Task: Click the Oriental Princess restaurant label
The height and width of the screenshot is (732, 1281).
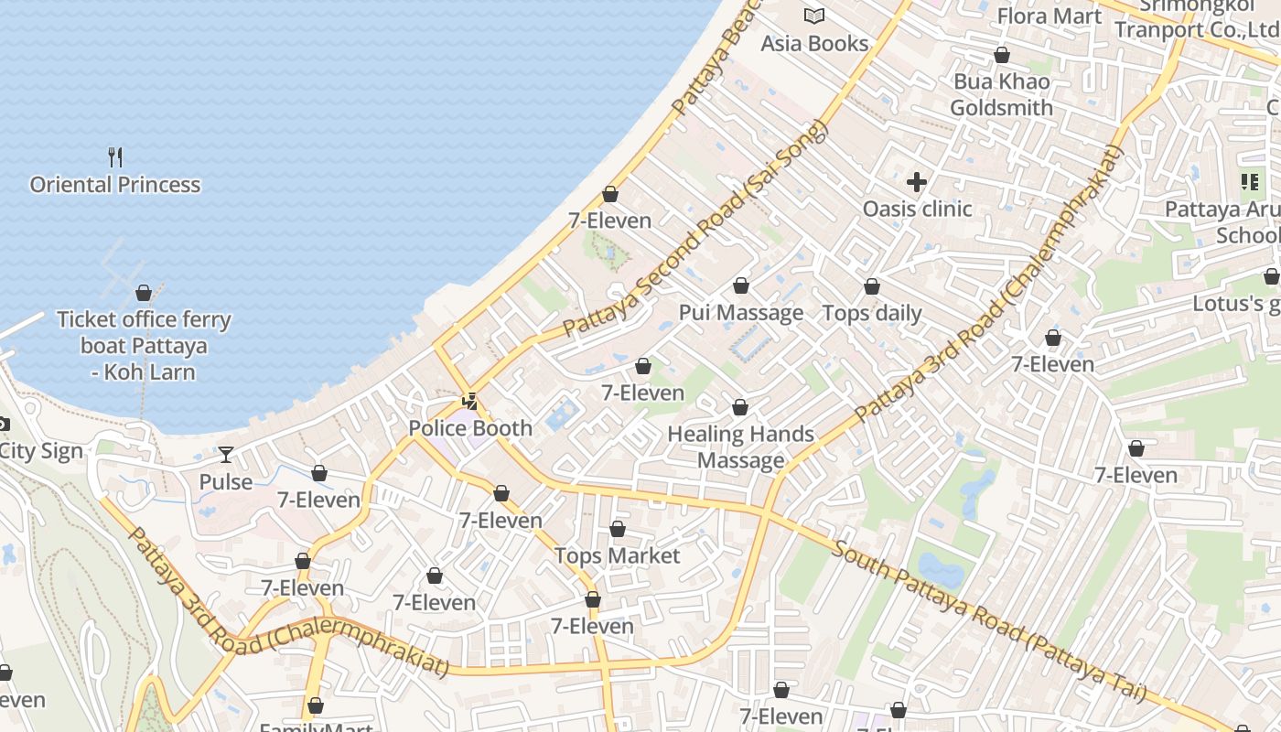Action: tap(115, 185)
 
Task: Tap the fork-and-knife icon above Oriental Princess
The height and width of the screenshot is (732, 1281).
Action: tap(115, 156)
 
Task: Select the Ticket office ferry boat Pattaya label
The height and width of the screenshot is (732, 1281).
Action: tap(144, 346)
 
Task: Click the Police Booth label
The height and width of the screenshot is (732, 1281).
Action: tap(470, 428)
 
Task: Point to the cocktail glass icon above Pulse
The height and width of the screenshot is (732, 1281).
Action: tap(226, 454)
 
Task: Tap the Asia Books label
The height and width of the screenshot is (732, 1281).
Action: tap(814, 44)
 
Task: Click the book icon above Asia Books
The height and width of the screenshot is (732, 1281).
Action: tap(814, 16)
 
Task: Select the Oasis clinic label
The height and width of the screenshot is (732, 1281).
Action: tap(917, 209)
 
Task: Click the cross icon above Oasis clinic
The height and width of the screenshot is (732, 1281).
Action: tap(917, 181)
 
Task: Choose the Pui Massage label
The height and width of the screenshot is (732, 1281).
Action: tap(741, 313)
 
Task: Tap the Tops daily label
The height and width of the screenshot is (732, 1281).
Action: tap(872, 313)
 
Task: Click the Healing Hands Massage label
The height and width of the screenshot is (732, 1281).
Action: tap(741, 447)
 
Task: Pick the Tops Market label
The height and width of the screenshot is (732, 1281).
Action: tap(618, 556)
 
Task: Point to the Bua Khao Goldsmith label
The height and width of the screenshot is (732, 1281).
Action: tap(1001, 94)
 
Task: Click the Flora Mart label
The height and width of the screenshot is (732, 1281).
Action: tap(1050, 16)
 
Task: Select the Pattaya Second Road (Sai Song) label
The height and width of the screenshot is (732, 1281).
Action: tap(694, 228)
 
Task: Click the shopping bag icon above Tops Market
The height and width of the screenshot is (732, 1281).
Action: tap(618, 529)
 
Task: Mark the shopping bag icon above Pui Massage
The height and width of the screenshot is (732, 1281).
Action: tap(741, 285)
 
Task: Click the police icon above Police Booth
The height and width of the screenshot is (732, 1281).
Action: tap(470, 401)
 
